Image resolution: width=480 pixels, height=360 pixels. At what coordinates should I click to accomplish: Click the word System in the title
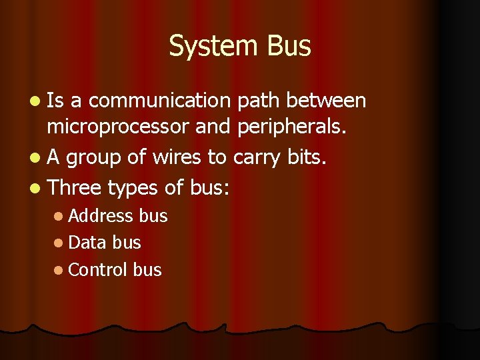click(x=214, y=47)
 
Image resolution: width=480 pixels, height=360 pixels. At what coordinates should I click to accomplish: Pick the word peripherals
click(x=291, y=127)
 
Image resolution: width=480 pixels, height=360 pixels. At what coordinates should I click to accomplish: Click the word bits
click(x=310, y=157)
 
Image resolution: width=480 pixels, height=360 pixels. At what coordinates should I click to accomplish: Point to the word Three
click(x=75, y=187)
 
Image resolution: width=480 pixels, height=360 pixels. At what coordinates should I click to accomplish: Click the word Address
click(x=101, y=216)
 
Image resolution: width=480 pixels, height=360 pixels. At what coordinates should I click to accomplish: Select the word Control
click(x=98, y=269)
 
